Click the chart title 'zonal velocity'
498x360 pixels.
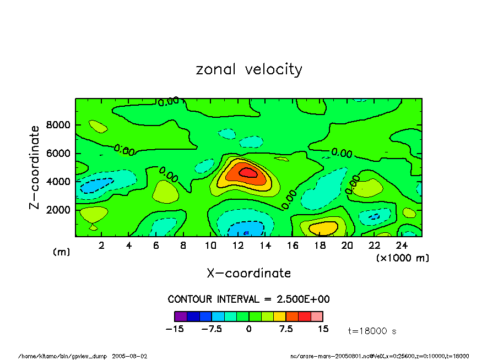pyautogui.click(x=249, y=70)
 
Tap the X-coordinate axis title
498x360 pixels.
pyautogui.click(x=248, y=273)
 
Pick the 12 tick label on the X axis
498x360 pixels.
pyautogui.click(x=237, y=246)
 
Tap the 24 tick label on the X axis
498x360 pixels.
pyautogui.click(x=402, y=246)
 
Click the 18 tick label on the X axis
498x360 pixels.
pyautogui.click(x=320, y=246)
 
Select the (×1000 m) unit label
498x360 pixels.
pyautogui.click(x=402, y=258)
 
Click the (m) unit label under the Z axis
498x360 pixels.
pyautogui.click(x=61, y=252)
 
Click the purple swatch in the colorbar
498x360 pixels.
pyautogui.click(x=180, y=317)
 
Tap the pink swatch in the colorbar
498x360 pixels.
pyautogui.click(x=317, y=317)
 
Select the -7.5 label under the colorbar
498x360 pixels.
pyautogui.click(x=211, y=329)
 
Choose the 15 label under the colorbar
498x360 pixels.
pyautogui.click(x=323, y=329)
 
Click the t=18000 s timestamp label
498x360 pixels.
pyautogui.click(x=372, y=331)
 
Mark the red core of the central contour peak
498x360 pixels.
pyautogui.click(x=247, y=172)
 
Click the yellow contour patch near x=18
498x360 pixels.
pyautogui.click(x=323, y=226)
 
